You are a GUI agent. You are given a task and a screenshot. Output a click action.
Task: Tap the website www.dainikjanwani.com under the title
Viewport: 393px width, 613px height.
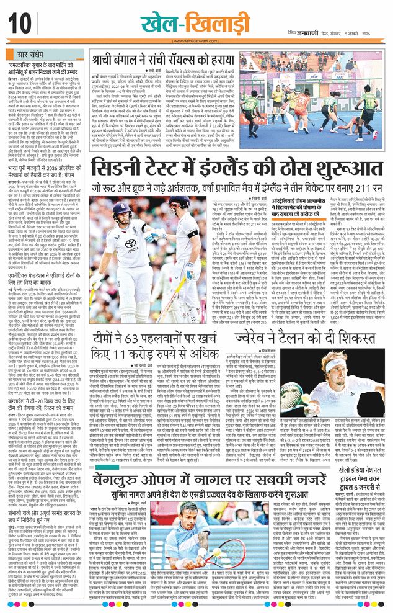[196, 38]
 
